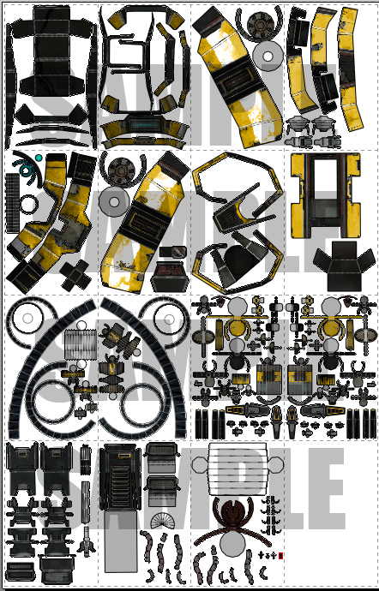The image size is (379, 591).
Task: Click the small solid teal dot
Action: [39, 158]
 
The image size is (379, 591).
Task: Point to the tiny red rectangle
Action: [281, 557]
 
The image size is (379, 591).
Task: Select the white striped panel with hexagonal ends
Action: [237, 467]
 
